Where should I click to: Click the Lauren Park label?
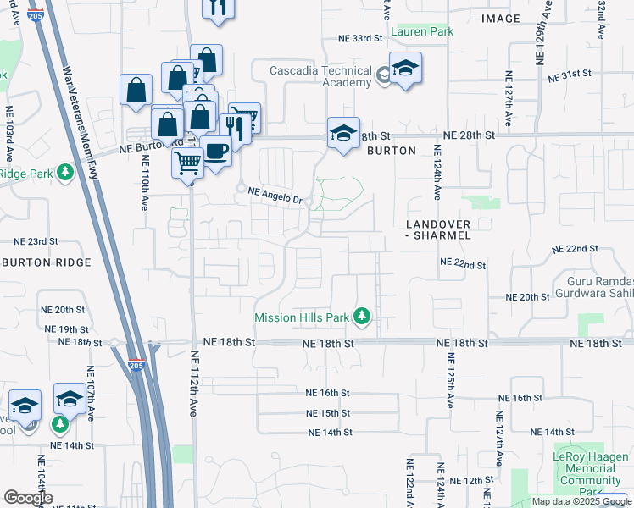[x=421, y=31]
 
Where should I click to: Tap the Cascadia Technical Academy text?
[x=320, y=76]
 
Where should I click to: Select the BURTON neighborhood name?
[x=391, y=151]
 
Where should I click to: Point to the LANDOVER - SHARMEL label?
[x=437, y=229]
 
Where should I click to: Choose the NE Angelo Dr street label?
[x=275, y=196]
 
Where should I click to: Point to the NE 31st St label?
[x=569, y=75]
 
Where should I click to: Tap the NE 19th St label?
[x=66, y=329]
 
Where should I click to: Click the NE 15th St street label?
[x=328, y=413]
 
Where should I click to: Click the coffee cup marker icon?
[x=217, y=152]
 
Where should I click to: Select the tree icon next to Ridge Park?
[x=64, y=174]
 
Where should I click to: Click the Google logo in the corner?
[x=27, y=498]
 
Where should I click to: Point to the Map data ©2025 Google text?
[x=581, y=501]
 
